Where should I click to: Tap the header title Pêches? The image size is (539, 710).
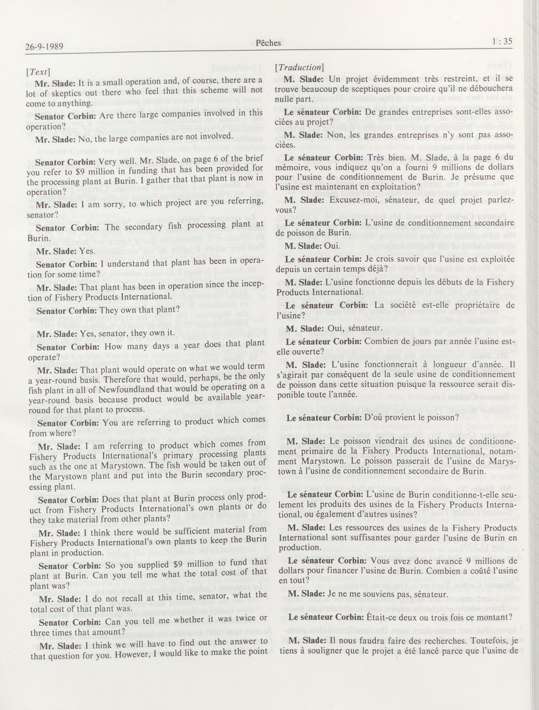[268, 43]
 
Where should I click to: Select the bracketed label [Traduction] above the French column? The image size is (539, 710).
[299, 67]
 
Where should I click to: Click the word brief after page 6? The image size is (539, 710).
[247, 158]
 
